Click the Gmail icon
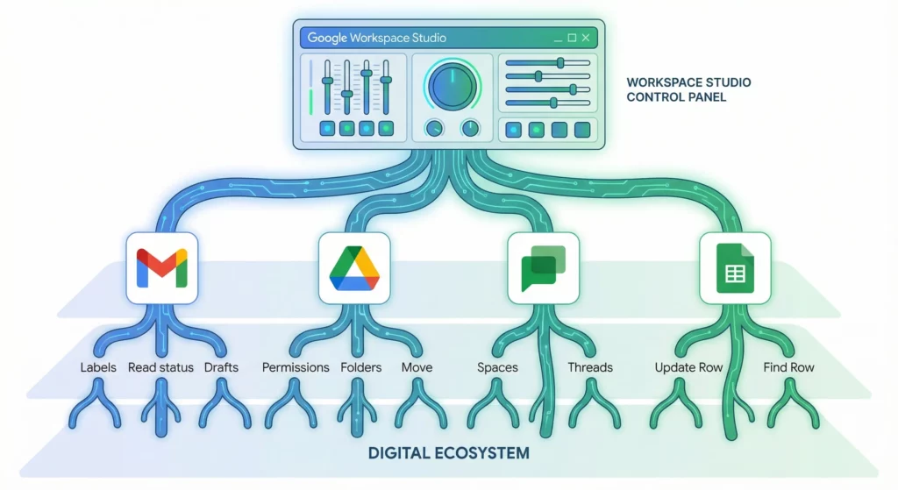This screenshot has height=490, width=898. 161,268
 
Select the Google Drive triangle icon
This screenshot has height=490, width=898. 353,268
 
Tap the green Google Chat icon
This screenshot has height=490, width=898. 543,268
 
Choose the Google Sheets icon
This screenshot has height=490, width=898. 735,268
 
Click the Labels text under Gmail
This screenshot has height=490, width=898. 98,367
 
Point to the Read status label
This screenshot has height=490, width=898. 160,367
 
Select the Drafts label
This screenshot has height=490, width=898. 221,367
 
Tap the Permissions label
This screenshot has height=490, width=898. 296,367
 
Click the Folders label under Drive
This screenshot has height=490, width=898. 361,367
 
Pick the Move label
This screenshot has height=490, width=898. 417,367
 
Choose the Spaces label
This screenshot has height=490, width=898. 497,367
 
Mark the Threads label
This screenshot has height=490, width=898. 590,367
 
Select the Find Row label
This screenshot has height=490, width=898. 788,367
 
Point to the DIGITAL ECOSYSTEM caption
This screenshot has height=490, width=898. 448,453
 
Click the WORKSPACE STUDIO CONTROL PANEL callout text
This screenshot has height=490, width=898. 688,89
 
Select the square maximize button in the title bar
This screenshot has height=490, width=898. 572,38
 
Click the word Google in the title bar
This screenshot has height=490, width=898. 327,38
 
